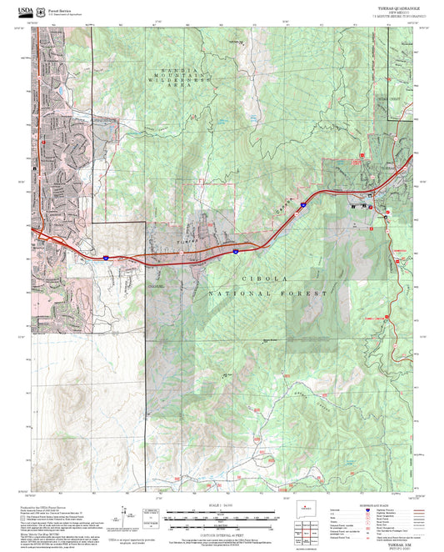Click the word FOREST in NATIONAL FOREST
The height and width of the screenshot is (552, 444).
click(300, 293)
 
